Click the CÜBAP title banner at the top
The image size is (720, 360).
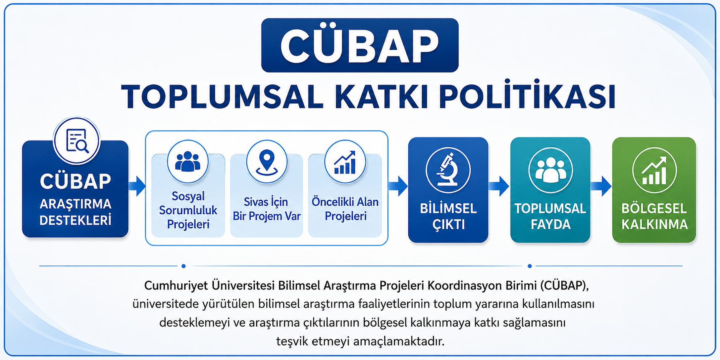tap(360, 45)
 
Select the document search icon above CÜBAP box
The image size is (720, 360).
tap(77, 141)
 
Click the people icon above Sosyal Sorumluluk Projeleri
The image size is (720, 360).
tap(188, 161)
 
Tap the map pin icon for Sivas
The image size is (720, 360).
tap(267, 161)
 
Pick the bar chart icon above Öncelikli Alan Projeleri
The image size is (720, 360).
tap(345, 161)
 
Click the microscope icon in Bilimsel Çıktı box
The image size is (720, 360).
tap(448, 170)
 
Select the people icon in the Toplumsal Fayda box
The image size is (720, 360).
tap(550, 170)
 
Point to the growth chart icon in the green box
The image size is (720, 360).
tap(654, 170)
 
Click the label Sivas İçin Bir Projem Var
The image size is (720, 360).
tap(267, 209)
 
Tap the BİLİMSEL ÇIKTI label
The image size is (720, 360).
tap(448, 216)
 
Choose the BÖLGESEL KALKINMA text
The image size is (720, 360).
tap(654, 216)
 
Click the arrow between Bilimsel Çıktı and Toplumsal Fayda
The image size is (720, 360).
tap(499, 186)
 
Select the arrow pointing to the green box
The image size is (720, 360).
tap(601, 186)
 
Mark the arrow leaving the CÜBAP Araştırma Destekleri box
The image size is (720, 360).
tap(137, 186)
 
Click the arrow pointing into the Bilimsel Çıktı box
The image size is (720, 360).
tap(398, 186)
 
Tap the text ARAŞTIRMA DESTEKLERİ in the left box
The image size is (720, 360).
tap(75, 212)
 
